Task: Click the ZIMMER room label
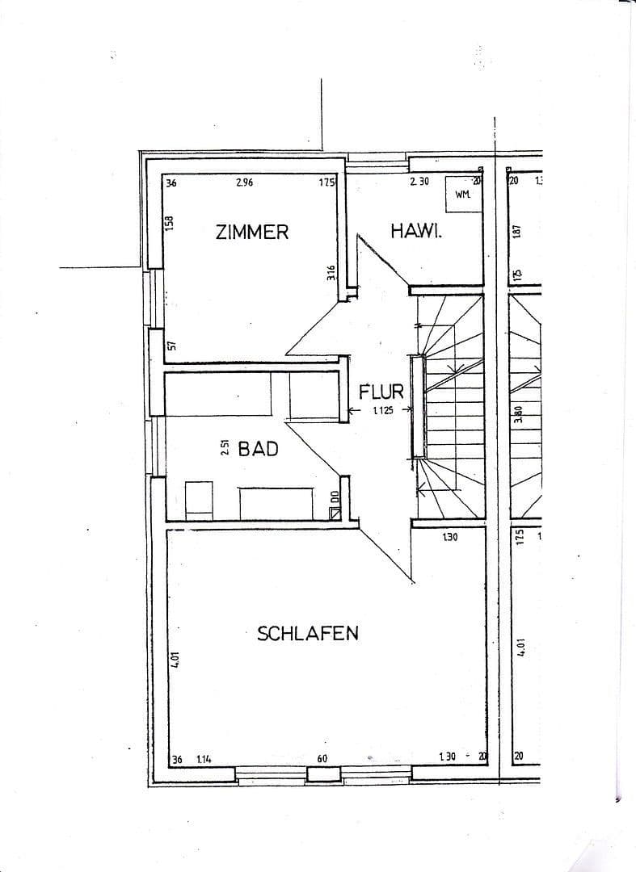(x=251, y=232)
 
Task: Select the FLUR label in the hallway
(x=381, y=392)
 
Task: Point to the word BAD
(x=258, y=449)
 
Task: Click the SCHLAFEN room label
(x=307, y=634)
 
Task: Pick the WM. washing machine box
(x=463, y=194)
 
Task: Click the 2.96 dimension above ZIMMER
(x=244, y=183)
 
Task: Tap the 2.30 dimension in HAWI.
(x=419, y=182)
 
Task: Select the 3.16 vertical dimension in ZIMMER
(x=331, y=273)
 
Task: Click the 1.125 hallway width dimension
(x=383, y=411)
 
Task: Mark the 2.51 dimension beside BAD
(x=225, y=448)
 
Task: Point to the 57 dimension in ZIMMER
(x=171, y=346)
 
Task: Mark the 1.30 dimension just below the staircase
(x=450, y=538)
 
